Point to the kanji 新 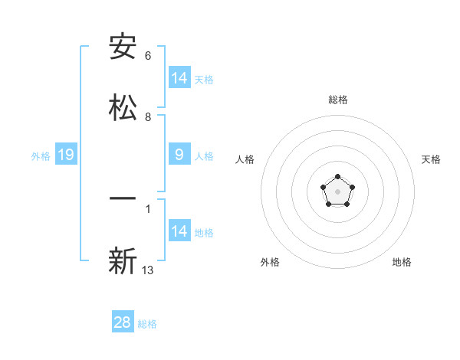[123, 261]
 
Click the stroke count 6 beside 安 [148, 56]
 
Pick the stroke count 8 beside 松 [148, 116]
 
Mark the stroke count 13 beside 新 [148, 270]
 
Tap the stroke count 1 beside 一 [148, 208]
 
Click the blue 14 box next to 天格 [179, 78]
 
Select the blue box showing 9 [179, 155]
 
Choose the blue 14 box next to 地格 [179, 231]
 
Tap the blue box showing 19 [66, 155]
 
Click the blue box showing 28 [123, 322]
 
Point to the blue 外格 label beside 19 [41, 156]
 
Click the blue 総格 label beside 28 [147, 324]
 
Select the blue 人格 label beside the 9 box [204, 156]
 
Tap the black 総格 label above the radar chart [338, 100]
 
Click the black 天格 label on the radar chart [432, 159]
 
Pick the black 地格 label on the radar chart [402, 262]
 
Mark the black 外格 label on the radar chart [270, 262]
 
